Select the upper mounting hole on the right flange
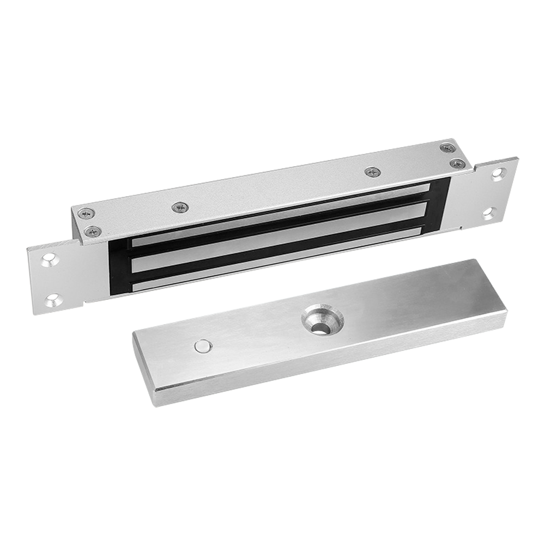[x=496, y=174]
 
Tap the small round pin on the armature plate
[x=203, y=345]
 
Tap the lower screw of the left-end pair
[x=93, y=231]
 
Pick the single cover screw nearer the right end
[x=372, y=172]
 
